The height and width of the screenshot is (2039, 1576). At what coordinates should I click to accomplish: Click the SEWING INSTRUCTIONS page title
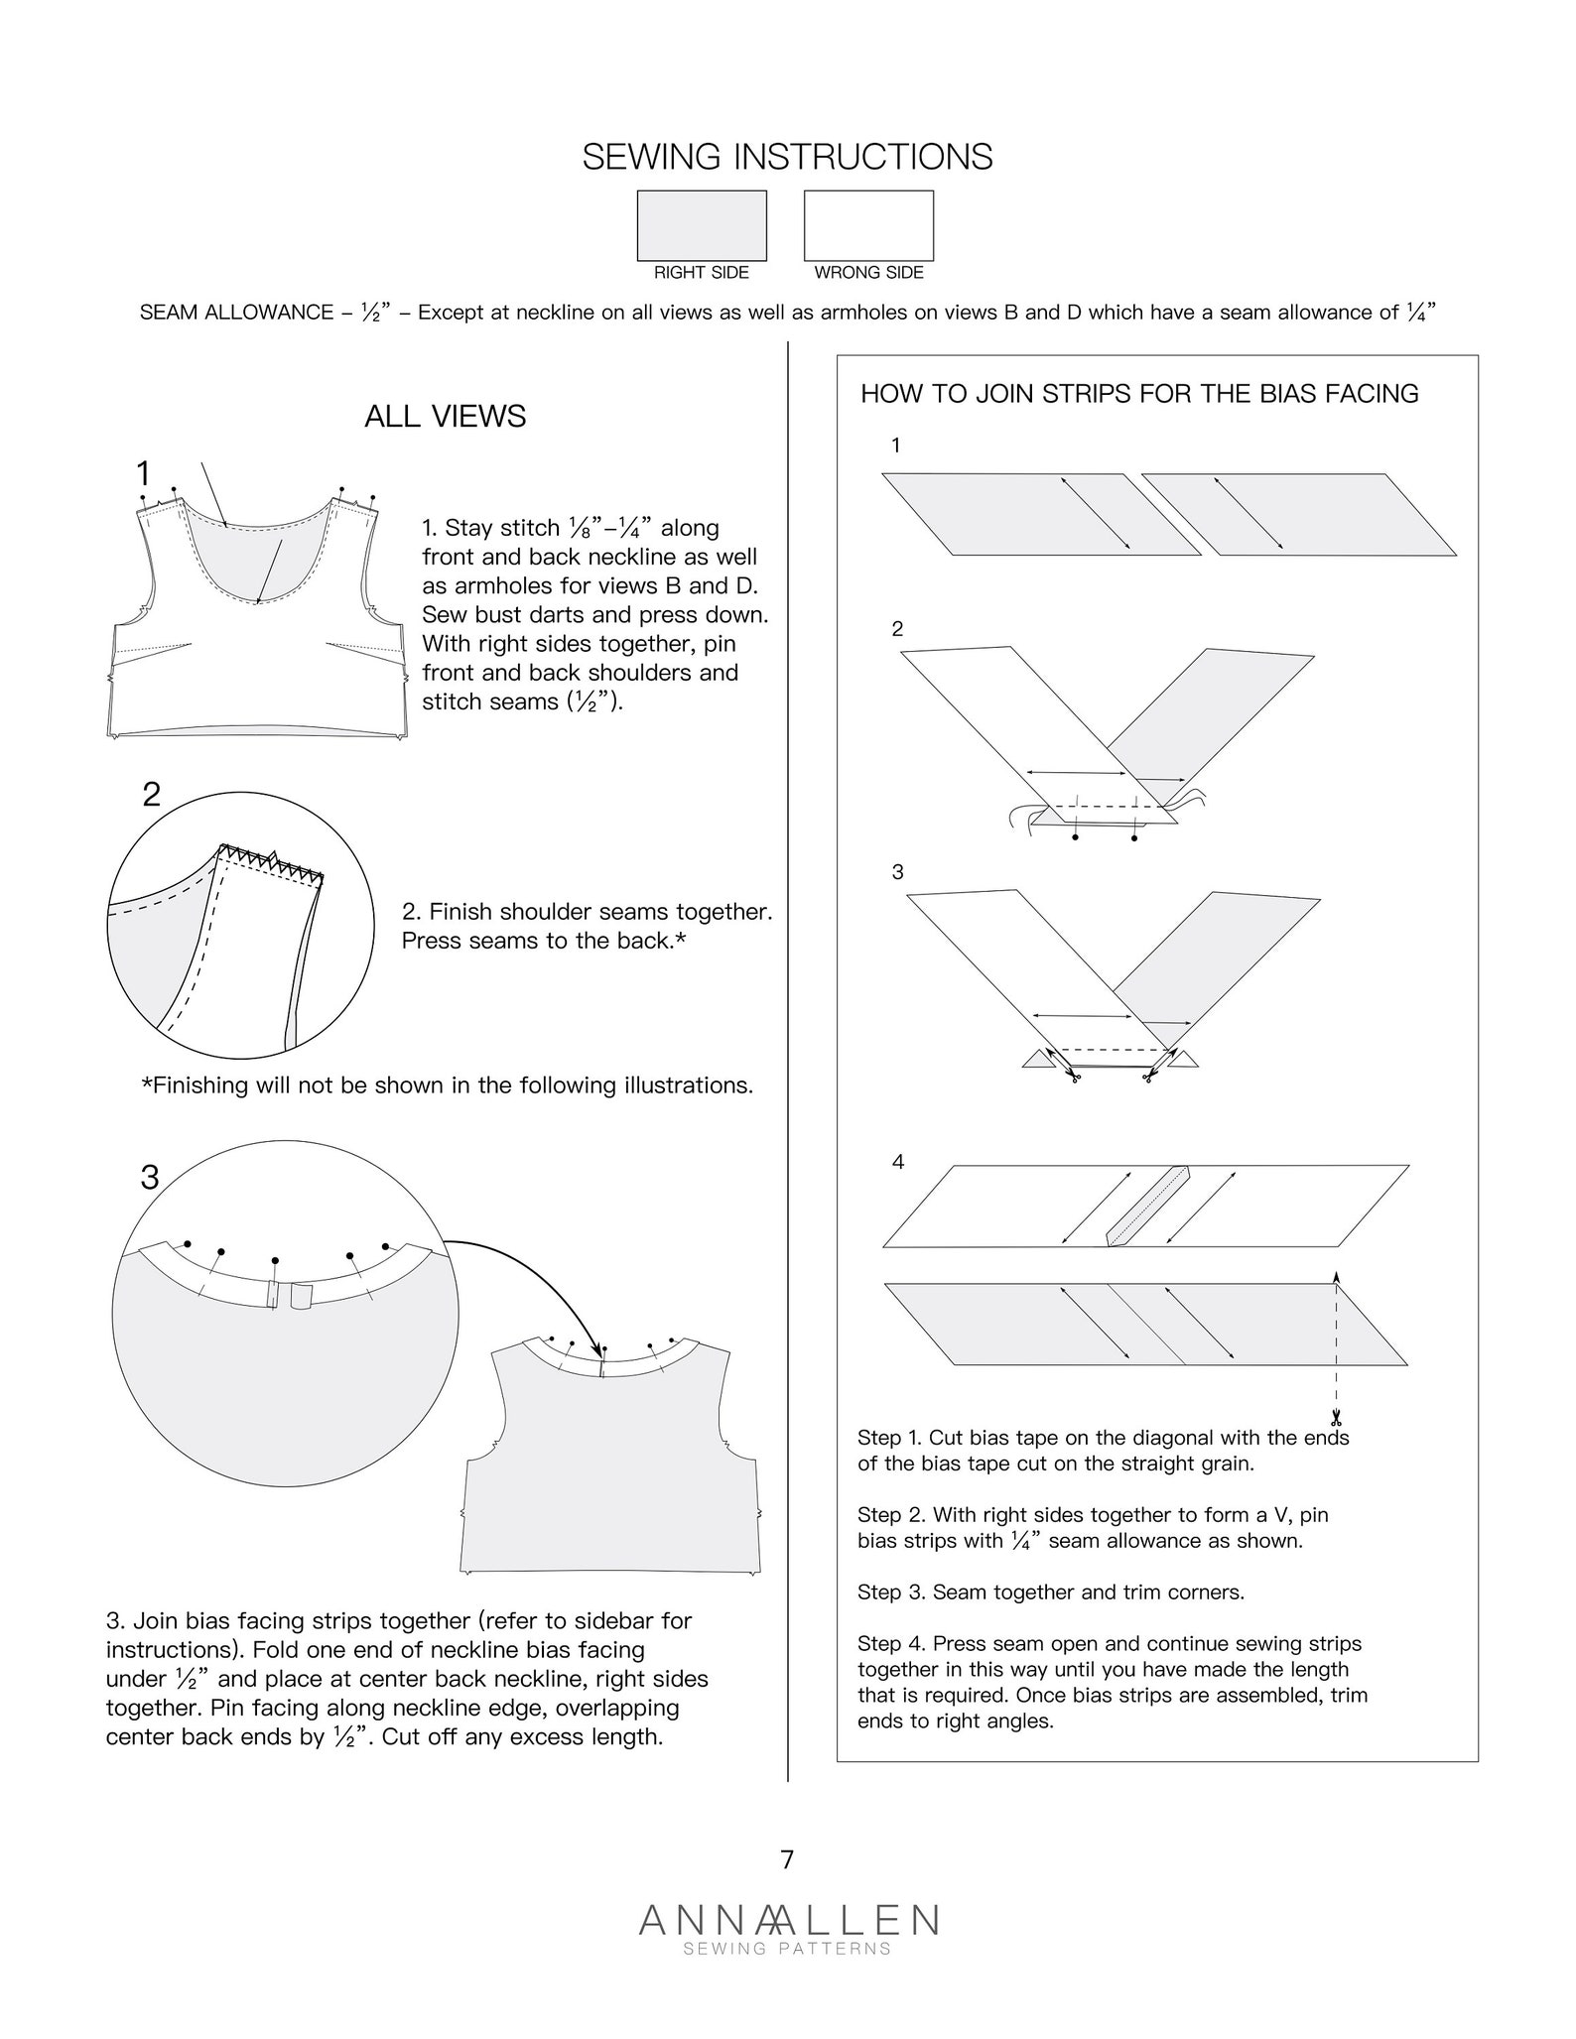tap(787, 158)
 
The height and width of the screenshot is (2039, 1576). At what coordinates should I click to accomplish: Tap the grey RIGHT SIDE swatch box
tap(702, 225)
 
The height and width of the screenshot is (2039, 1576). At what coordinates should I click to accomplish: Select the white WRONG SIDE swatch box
tap(868, 225)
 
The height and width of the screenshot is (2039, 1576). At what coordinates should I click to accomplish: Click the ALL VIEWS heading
tap(445, 416)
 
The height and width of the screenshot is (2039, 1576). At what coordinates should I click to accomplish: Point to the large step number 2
tap(151, 794)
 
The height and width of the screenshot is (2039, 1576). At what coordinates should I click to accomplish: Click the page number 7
tap(787, 1859)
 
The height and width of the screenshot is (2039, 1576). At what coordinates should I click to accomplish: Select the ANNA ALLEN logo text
tap(788, 1920)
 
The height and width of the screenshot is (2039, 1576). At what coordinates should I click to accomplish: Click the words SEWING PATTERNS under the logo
tap(787, 1949)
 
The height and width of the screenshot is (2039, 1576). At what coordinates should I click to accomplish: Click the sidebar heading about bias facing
tap(1139, 394)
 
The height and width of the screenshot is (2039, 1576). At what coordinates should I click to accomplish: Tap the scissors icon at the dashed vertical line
tap(1336, 1418)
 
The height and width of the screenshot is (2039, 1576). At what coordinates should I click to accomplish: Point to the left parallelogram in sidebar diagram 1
tap(1041, 514)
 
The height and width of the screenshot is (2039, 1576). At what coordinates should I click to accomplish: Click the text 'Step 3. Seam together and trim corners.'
tap(1050, 1593)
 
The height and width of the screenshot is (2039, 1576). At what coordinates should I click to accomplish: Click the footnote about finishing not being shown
tap(448, 1085)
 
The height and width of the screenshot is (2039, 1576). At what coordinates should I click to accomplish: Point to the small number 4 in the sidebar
tap(898, 1162)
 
